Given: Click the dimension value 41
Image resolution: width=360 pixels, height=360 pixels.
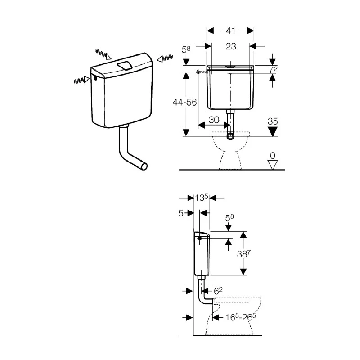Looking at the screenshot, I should tap(230, 31).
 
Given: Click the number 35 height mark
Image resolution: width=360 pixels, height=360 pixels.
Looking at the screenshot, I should tap(272, 121).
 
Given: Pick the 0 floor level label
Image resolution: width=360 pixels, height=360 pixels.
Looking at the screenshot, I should tap(272, 156).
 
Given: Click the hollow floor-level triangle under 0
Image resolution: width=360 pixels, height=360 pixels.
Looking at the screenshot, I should tap(272, 165).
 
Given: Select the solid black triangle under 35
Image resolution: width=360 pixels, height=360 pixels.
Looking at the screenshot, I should tap(272, 130).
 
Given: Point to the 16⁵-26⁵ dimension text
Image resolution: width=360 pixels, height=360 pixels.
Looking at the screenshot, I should tap(237, 318).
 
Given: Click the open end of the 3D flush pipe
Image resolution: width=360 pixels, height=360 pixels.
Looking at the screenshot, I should tap(144, 167).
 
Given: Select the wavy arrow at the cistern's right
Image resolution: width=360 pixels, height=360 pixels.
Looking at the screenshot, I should tap(164, 58).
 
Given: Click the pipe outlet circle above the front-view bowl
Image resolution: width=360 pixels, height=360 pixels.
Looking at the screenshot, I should tap(231, 136).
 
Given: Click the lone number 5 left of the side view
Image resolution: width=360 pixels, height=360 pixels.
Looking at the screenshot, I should tap(181, 213).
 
